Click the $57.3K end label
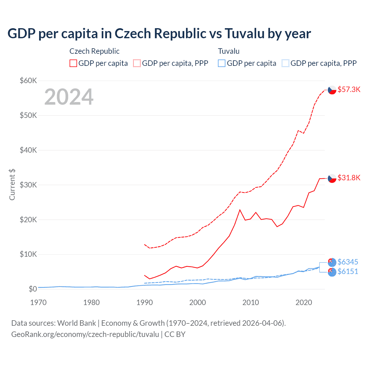tap(349, 89)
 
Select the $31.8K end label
tap(349, 178)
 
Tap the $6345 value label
tap(348, 262)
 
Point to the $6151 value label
tap(348, 271)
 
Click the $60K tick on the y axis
tap(28, 80)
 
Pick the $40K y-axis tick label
tap(28, 150)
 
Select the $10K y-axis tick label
tap(28, 254)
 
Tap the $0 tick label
tap(32, 289)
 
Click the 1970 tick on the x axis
tap(38, 302)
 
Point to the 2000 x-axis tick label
tap(198, 302)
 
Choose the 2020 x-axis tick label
tap(304, 302)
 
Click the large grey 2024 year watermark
tap(69, 97)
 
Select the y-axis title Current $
tap(12, 185)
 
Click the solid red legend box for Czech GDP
tap(73, 63)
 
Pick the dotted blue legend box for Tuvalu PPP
tap(285, 63)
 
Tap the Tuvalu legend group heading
tap(229, 51)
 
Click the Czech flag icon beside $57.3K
tap(332, 90)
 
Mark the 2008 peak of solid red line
tap(240, 210)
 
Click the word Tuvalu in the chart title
tap(244, 33)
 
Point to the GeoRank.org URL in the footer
tap(85, 334)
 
